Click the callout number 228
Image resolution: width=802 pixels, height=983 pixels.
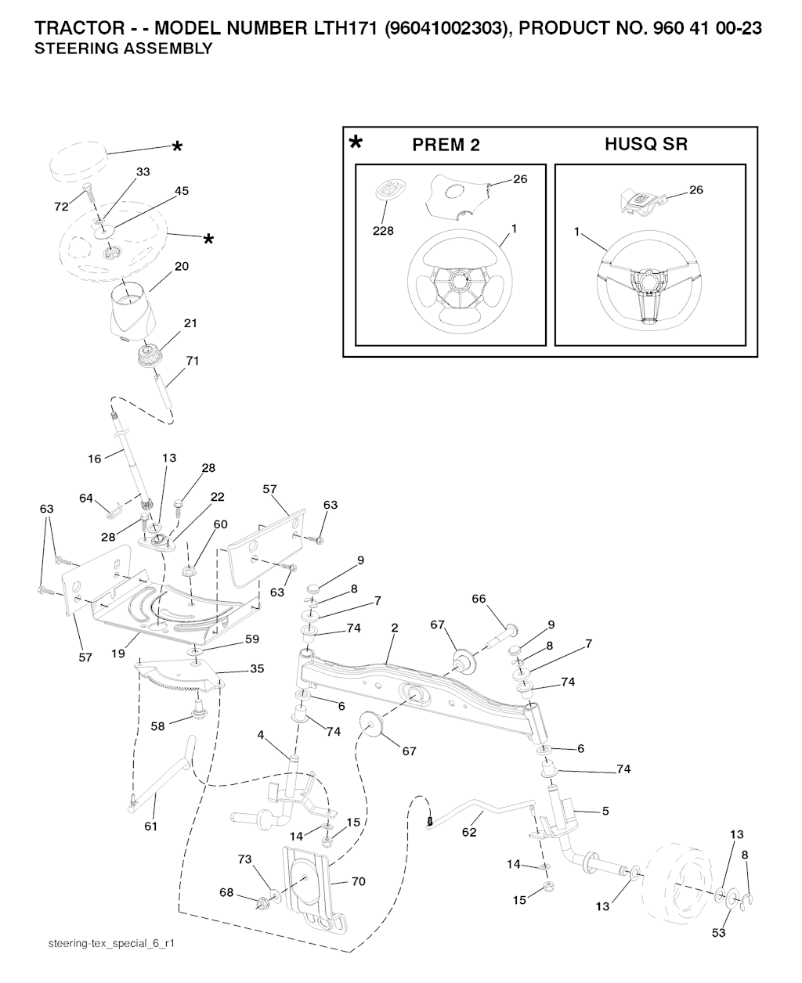[383, 231]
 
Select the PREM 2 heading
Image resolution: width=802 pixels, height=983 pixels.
[446, 145]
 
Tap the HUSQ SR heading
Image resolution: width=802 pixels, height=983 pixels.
[646, 144]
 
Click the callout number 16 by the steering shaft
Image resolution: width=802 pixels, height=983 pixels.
[95, 459]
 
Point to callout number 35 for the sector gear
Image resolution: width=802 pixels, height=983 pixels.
[256, 669]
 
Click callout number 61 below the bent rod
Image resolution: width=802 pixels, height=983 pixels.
[151, 826]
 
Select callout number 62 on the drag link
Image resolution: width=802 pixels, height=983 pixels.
[469, 833]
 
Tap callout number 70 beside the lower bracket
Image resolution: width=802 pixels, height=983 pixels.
[359, 881]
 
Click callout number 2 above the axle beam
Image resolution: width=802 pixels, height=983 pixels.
[395, 628]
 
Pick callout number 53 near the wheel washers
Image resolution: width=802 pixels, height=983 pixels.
[718, 932]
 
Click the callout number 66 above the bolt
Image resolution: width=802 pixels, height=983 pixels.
[479, 600]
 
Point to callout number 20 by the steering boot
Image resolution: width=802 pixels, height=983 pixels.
[182, 266]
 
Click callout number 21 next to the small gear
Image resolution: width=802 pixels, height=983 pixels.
[190, 323]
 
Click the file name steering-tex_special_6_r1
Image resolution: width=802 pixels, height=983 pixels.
[110, 945]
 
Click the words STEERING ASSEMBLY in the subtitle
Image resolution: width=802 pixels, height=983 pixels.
[124, 49]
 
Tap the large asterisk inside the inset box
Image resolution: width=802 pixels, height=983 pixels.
[356, 144]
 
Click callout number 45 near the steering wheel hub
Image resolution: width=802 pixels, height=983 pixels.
[182, 190]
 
